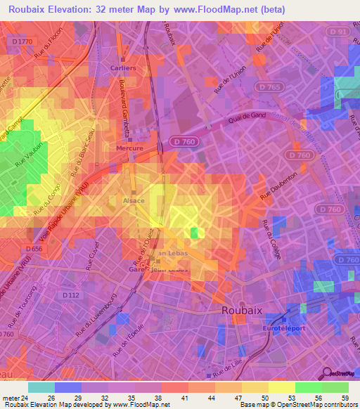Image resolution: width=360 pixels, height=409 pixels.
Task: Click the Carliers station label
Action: click(124, 68)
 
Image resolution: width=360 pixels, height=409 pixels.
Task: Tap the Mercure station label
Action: click(129, 148)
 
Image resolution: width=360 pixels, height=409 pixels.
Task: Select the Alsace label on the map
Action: click(134, 201)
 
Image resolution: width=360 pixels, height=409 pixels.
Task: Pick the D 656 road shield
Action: click(34, 248)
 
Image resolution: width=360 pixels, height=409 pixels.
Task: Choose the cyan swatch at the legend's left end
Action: click(41, 387)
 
